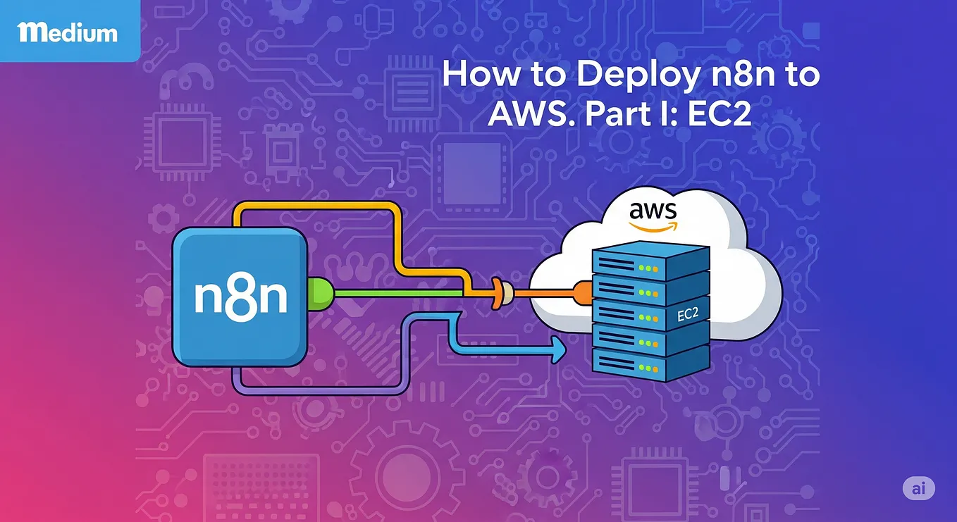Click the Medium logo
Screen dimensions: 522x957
point(68,32)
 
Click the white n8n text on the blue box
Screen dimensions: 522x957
point(240,298)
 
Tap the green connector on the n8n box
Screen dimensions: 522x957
point(319,292)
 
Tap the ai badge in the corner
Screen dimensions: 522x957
point(918,488)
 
